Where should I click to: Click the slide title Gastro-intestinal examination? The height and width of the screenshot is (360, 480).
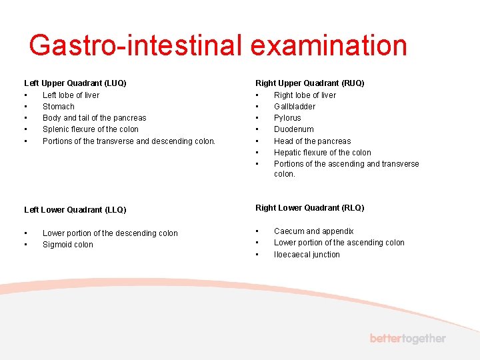click(x=218, y=45)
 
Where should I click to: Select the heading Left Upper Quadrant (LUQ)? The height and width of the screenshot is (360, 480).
click(x=75, y=83)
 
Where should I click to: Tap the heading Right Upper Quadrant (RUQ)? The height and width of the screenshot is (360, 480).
click(x=310, y=83)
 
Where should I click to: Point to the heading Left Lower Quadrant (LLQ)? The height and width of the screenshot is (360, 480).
click(x=75, y=209)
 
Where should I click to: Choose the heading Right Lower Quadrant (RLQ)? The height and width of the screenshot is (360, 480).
click(x=310, y=208)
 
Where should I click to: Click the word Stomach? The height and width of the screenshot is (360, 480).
click(x=59, y=107)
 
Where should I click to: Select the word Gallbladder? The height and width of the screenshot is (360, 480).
click(x=295, y=107)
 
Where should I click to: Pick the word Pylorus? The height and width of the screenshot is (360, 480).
click(x=287, y=118)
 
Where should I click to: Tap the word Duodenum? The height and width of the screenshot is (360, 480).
click(x=294, y=129)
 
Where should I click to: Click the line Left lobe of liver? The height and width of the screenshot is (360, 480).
click(x=71, y=95)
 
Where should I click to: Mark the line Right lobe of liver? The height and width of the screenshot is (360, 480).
click(x=305, y=95)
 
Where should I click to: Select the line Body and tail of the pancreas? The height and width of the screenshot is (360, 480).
click(x=94, y=118)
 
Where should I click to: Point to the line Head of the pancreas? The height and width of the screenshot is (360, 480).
click(x=312, y=141)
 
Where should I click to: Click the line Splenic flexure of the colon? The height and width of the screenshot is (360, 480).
click(x=91, y=129)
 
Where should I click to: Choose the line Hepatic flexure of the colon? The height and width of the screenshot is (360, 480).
click(x=323, y=153)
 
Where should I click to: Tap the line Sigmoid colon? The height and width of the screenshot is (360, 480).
click(x=68, y=245)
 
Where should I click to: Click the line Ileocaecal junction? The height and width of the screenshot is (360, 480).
click(x=307, y=255)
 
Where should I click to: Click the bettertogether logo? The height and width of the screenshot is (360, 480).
click(x=408, y=339)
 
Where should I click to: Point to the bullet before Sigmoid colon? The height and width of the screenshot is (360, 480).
click(x=25, y=245)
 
